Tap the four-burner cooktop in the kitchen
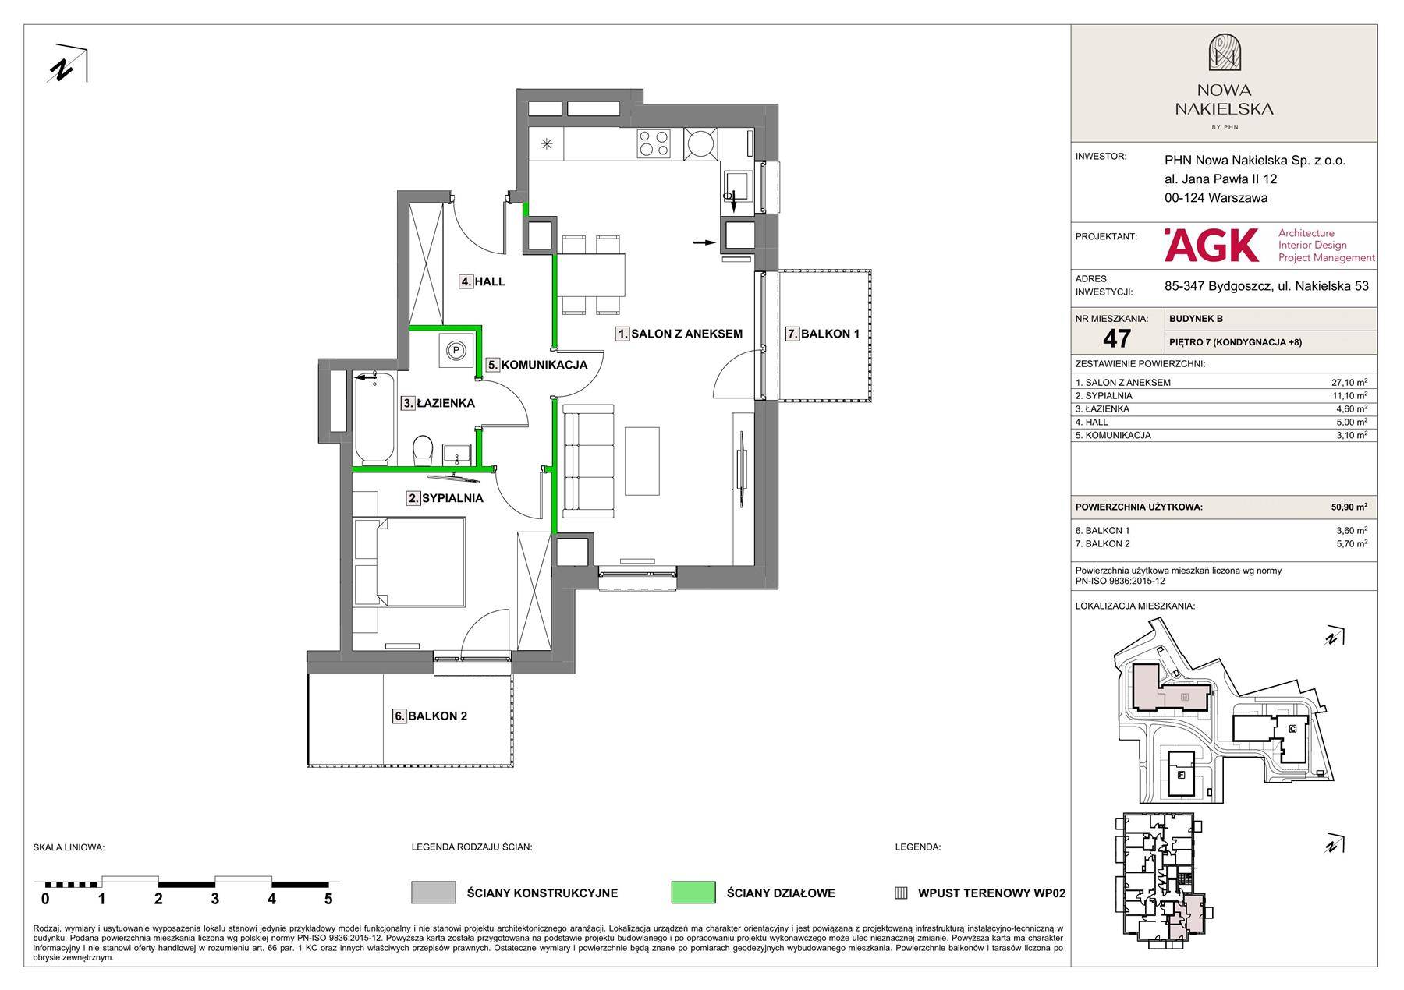[654, 143]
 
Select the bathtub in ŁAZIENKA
[375, 419]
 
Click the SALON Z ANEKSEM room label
[679, 334]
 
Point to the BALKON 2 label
[431, 716]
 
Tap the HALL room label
[482, 281]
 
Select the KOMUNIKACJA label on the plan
[536, 364]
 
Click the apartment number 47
[1117, 338]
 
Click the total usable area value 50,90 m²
[1349, 507]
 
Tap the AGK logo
[1211, 245]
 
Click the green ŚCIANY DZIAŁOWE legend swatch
[693, 893]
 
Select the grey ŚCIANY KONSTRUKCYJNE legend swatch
[433, 893]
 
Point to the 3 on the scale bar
[214, 899]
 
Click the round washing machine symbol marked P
[456, 351]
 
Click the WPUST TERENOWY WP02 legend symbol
[901, 893]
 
